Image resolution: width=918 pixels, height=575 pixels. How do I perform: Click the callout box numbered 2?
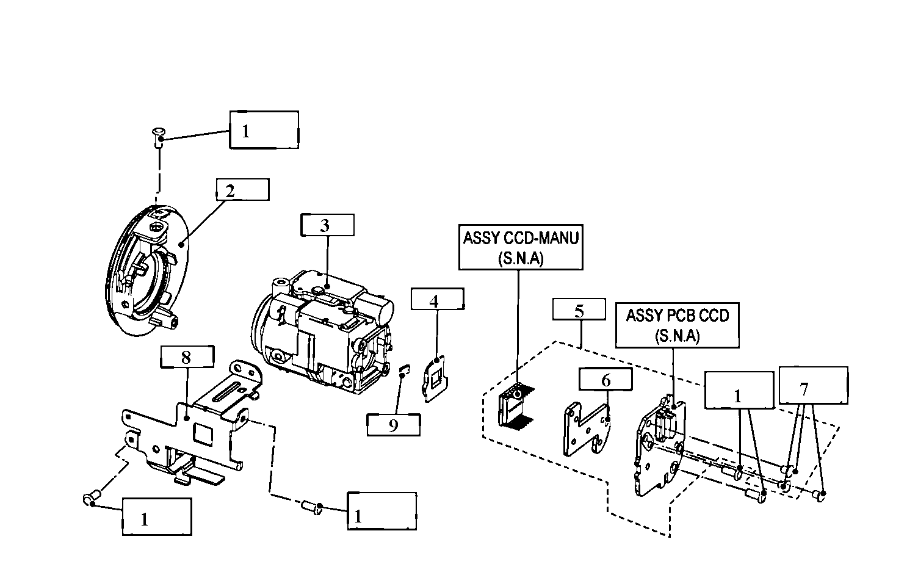click(242, 189)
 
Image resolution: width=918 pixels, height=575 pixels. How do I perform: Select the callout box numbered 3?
click(327, 225)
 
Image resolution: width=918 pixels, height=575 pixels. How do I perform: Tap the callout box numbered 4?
click(437, 300)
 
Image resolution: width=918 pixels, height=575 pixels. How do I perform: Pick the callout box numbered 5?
click(579, 309)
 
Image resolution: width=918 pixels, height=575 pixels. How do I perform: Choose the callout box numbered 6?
click(605, 379)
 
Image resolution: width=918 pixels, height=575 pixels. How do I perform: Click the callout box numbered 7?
click(813, 385)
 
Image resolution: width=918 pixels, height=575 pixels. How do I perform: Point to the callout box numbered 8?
click(186, 356)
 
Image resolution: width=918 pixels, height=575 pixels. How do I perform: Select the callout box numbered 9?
click(393, 424)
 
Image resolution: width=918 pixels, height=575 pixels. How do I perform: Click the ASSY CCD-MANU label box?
click(520, 247)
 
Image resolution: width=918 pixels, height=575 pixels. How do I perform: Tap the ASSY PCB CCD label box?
click(677, 325)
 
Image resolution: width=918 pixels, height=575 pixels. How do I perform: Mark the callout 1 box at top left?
click(264, 130)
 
